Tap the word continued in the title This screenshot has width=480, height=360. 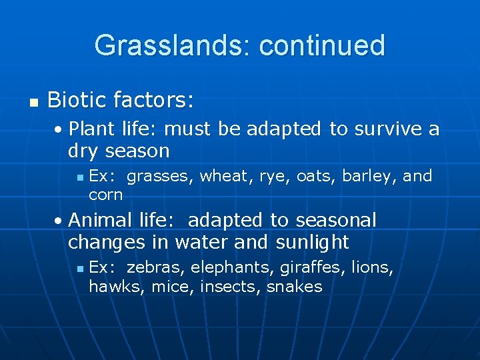[x=322, y=46]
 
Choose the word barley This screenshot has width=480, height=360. [x=369, y=176]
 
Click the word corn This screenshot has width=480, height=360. [x=105, y=195]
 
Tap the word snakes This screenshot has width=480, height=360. [x=294, y=287]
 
